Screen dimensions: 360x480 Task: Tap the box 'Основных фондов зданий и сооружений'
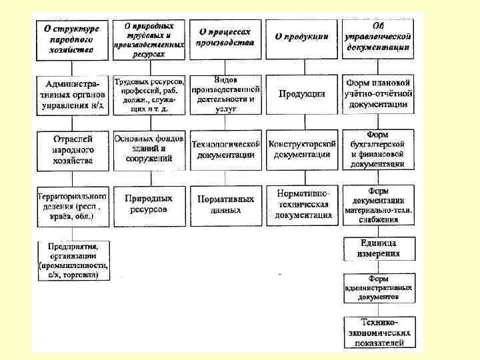(x=149, y=149)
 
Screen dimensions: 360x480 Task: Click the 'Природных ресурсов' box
(x=149, y=205)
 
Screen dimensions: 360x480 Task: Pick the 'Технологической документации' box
(x=225, y=149)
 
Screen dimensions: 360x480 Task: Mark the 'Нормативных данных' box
(x=225, y=205)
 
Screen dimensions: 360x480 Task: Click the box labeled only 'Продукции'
(x=301, y=94)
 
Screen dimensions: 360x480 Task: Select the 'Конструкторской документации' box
(x=301, y=149)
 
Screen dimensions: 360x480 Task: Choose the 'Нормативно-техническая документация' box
(x=301, y=205)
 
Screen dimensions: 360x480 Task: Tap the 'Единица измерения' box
(x=378, y=248)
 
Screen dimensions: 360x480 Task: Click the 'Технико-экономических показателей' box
(x=378, y=332)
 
